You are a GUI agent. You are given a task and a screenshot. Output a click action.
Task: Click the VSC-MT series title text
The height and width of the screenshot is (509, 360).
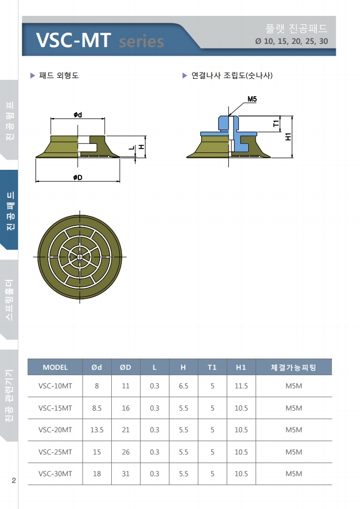tap(100, 41)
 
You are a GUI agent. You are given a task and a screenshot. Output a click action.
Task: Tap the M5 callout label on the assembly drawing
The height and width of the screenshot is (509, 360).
tap(252, 99)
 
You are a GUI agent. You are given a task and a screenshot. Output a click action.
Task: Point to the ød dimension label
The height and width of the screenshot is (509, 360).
tap(78, 114)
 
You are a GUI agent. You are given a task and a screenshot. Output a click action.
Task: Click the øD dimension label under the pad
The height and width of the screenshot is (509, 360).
tap(78, 177)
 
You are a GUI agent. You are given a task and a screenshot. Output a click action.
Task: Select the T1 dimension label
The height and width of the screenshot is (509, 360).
tap(276, 124)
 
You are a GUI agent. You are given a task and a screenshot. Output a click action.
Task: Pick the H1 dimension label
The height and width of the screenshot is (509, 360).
tap(288, 137)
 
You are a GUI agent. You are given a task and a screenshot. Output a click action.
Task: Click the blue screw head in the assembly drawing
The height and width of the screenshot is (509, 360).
tap(228, 123)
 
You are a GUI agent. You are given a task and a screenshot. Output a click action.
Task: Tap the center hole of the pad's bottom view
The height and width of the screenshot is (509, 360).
tap(79, 257)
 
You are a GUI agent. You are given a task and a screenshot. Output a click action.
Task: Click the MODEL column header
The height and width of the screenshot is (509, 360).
tap(55, 367)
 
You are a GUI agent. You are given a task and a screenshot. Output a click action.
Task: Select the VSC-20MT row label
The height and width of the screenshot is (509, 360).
tap(55, 430)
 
